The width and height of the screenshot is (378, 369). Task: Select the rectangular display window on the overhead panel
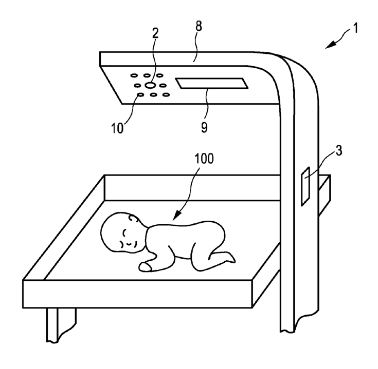[210, 83]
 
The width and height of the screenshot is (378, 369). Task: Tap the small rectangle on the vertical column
[305, 187]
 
